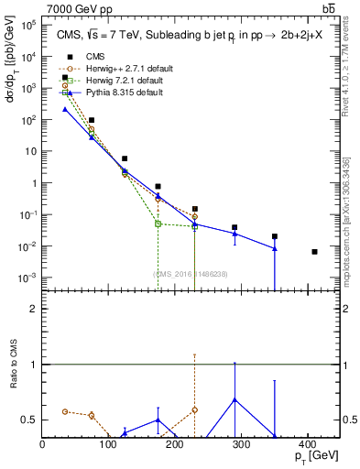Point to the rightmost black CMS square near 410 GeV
click(314, 251)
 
